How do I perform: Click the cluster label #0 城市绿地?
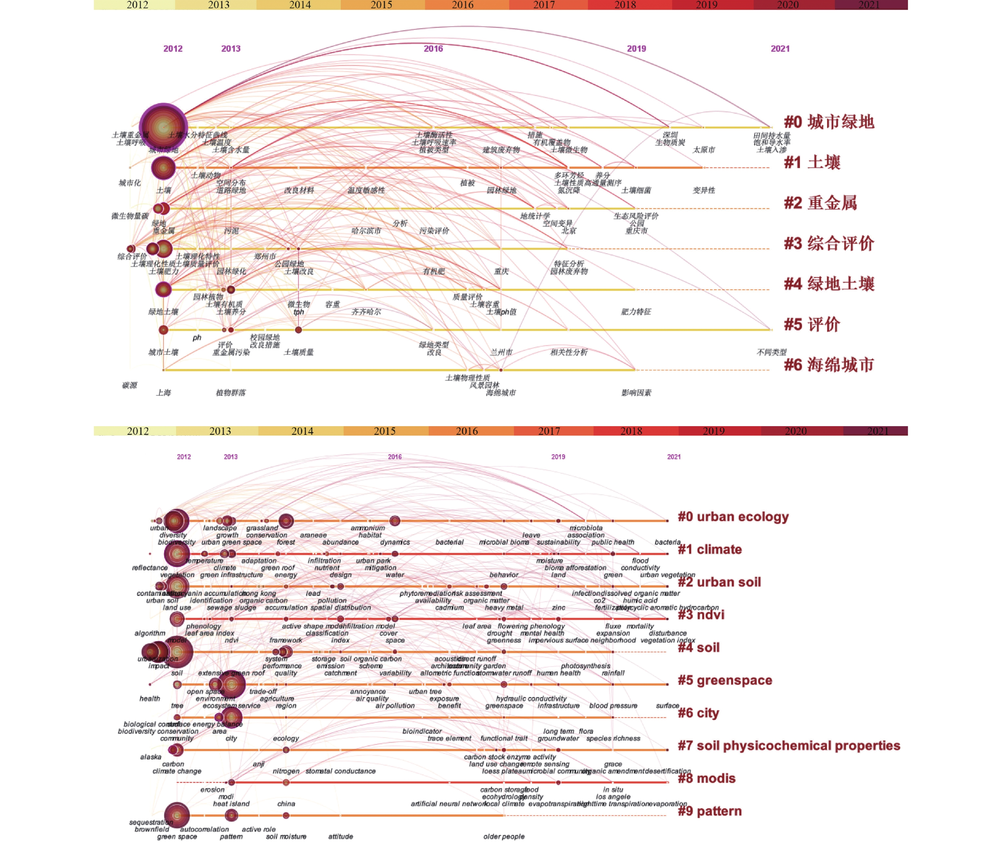(x=828, y=122)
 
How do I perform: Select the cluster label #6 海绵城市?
(x=828, y=365)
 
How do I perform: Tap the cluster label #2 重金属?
(x=820, y=203)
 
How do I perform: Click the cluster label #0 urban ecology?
(x=733, y=517)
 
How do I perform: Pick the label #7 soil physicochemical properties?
(x=789, y=745)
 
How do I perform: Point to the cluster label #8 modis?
(x=706, y=778)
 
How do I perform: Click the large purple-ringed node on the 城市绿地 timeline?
(x=163, y=127)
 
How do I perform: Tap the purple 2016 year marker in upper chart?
(x=433, y=49)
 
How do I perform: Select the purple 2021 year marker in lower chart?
(x=674, y=457)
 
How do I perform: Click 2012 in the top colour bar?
(x=137, y=5)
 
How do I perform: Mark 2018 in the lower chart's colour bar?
(x=631, y=431)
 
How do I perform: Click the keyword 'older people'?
(x=504, y=836)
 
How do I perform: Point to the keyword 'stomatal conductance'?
(x=340, y=771)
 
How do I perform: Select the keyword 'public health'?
(x=613, y=542)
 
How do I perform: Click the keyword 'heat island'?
(x=231, y=804)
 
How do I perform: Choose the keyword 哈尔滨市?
(x=366, y=231)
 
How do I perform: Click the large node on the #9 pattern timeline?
(x=177, y=815)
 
